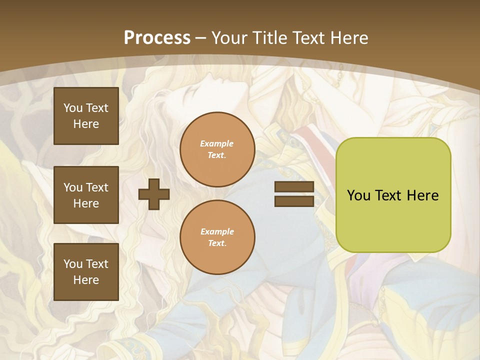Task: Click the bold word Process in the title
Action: click(x=157, y=37)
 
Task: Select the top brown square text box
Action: click(x=86, y=116)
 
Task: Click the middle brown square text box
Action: click(x=86, y=195)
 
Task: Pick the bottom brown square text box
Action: click(x=86, y=272)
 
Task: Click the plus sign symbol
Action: click(x=154, y=194)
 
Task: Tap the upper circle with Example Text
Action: click(x=217, y=149)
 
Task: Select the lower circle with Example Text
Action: click(x=217, y=237)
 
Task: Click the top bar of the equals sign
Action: click(x=294, y=187)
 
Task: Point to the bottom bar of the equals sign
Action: click(x=294, y=201)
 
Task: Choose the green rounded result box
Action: click(x=393, y=195)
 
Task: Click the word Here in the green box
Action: click(x=422, y=195)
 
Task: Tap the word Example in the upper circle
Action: click(x=217, y=143)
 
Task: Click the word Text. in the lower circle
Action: click(x=217, y=243)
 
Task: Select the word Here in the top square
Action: click(x=86, y=124)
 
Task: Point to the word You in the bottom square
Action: click(x=73, y=264)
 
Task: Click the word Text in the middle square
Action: click(x=97, y=187)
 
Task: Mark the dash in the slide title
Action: click(x=201, y=37)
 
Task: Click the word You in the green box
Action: click(x=358, y=195)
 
